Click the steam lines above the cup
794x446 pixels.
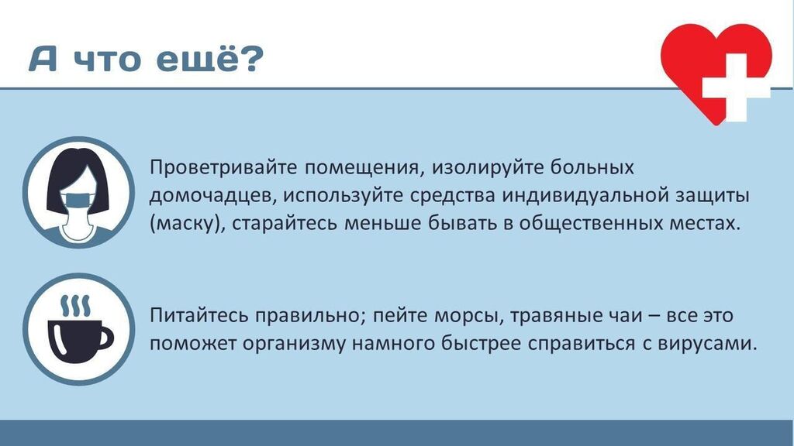click(75, 304)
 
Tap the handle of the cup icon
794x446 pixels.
click(105, 338)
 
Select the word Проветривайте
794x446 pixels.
click(223, 167)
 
